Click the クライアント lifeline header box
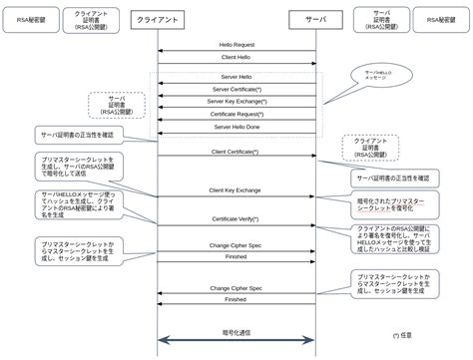click(157, 19)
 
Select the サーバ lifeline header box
click(316, 19)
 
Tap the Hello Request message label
click(236, 45)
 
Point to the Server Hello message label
click(236, 76)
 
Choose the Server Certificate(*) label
click(236, 90)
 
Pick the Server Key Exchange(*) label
click(236, 102)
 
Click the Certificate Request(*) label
click(236, 115)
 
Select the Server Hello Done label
click(236, 128)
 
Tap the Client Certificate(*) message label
click(236, 152)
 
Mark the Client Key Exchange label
click(236, 188)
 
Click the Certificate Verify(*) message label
click(236, 218)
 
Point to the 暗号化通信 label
click(236, 332)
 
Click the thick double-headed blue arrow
click(236, 342)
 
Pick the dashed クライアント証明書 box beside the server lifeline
click(370, 148)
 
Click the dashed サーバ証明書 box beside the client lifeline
click(116, 103)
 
